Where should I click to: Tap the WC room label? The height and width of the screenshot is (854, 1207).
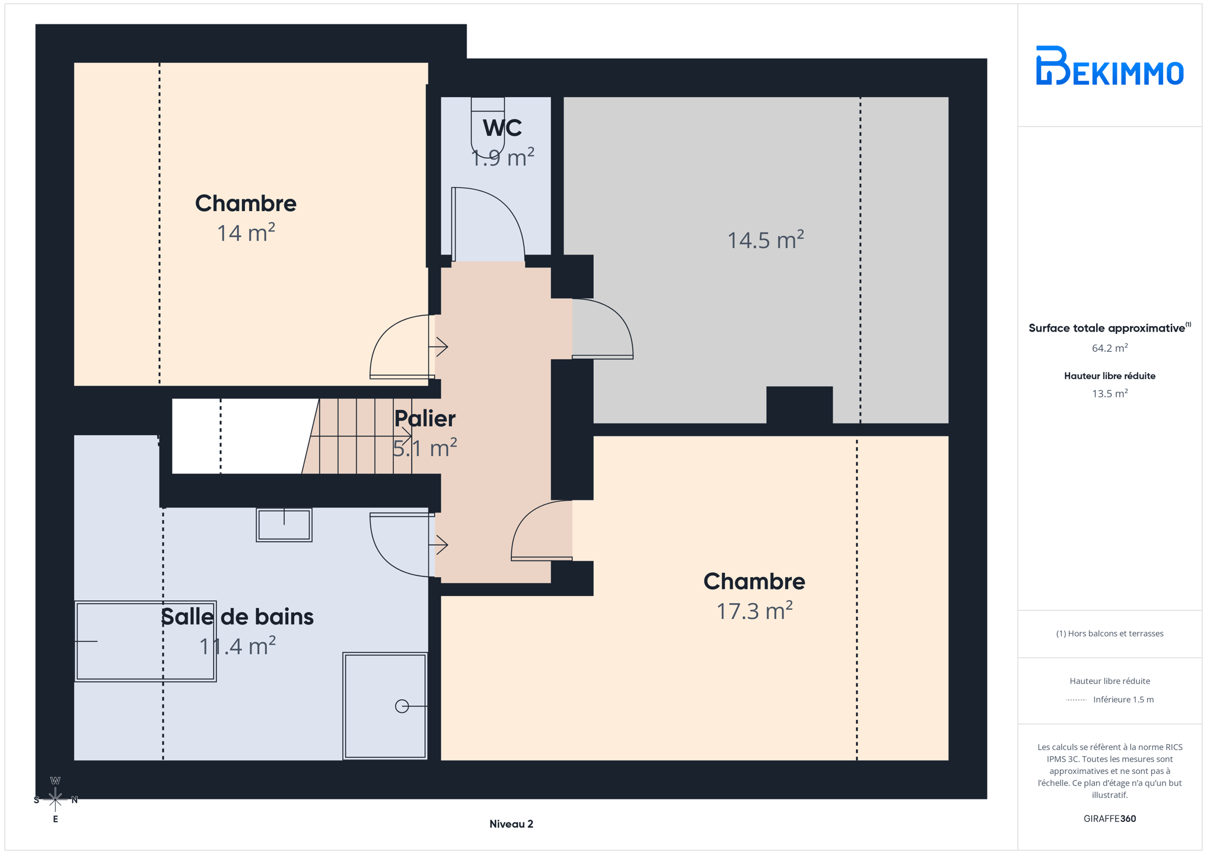(x=502, y=128)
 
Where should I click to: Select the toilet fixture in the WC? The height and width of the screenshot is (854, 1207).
(x=488, y=127)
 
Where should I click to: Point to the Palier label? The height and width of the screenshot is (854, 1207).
(x=425, y=419)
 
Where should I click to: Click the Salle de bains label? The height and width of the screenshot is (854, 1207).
(x=237, y=617)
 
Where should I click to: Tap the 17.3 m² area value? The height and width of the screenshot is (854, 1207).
(x=754, y=610)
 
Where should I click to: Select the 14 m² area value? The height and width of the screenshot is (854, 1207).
(x=246, y=232)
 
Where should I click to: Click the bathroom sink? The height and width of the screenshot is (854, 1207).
(x=284, y=525)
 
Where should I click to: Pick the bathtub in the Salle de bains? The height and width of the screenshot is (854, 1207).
(x=145, y=641)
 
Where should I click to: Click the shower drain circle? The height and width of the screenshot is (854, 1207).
(x=402, y=706)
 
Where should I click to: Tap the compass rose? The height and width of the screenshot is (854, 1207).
(x=55, y=799)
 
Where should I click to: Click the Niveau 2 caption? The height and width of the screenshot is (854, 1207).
(x=511, y=824)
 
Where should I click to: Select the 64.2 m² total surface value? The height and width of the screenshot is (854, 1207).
(x=1109, y=348)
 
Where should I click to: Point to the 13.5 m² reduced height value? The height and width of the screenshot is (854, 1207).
(x=1109, y=393)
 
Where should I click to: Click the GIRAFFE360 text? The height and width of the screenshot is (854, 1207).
(x=1109, y=818)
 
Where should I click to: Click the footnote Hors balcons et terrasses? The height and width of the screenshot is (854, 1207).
(x=1109, y=633)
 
